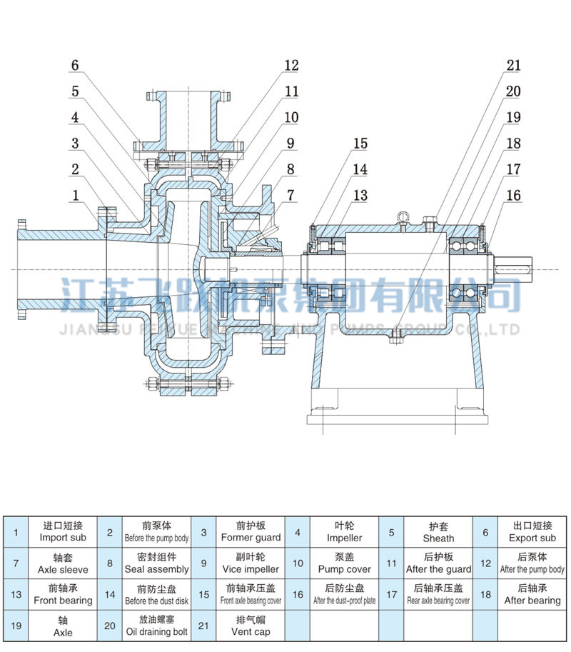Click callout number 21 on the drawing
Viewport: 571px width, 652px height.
[513, 66]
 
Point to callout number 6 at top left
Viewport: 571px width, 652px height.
[74, 66]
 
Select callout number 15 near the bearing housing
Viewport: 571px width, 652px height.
[360, 144]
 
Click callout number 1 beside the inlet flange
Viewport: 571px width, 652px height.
[74, 195]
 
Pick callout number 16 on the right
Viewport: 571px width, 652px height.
[513, 195]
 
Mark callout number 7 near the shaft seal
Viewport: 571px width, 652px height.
[290, 195]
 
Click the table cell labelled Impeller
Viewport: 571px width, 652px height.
[344, 532]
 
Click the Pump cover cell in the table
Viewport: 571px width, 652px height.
[344, 563]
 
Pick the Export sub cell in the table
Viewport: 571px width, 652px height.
[532, 532]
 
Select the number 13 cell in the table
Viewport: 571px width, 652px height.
[16, 595]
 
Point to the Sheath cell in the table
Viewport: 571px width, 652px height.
[438, 532]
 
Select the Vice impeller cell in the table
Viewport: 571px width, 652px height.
[251, 563]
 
